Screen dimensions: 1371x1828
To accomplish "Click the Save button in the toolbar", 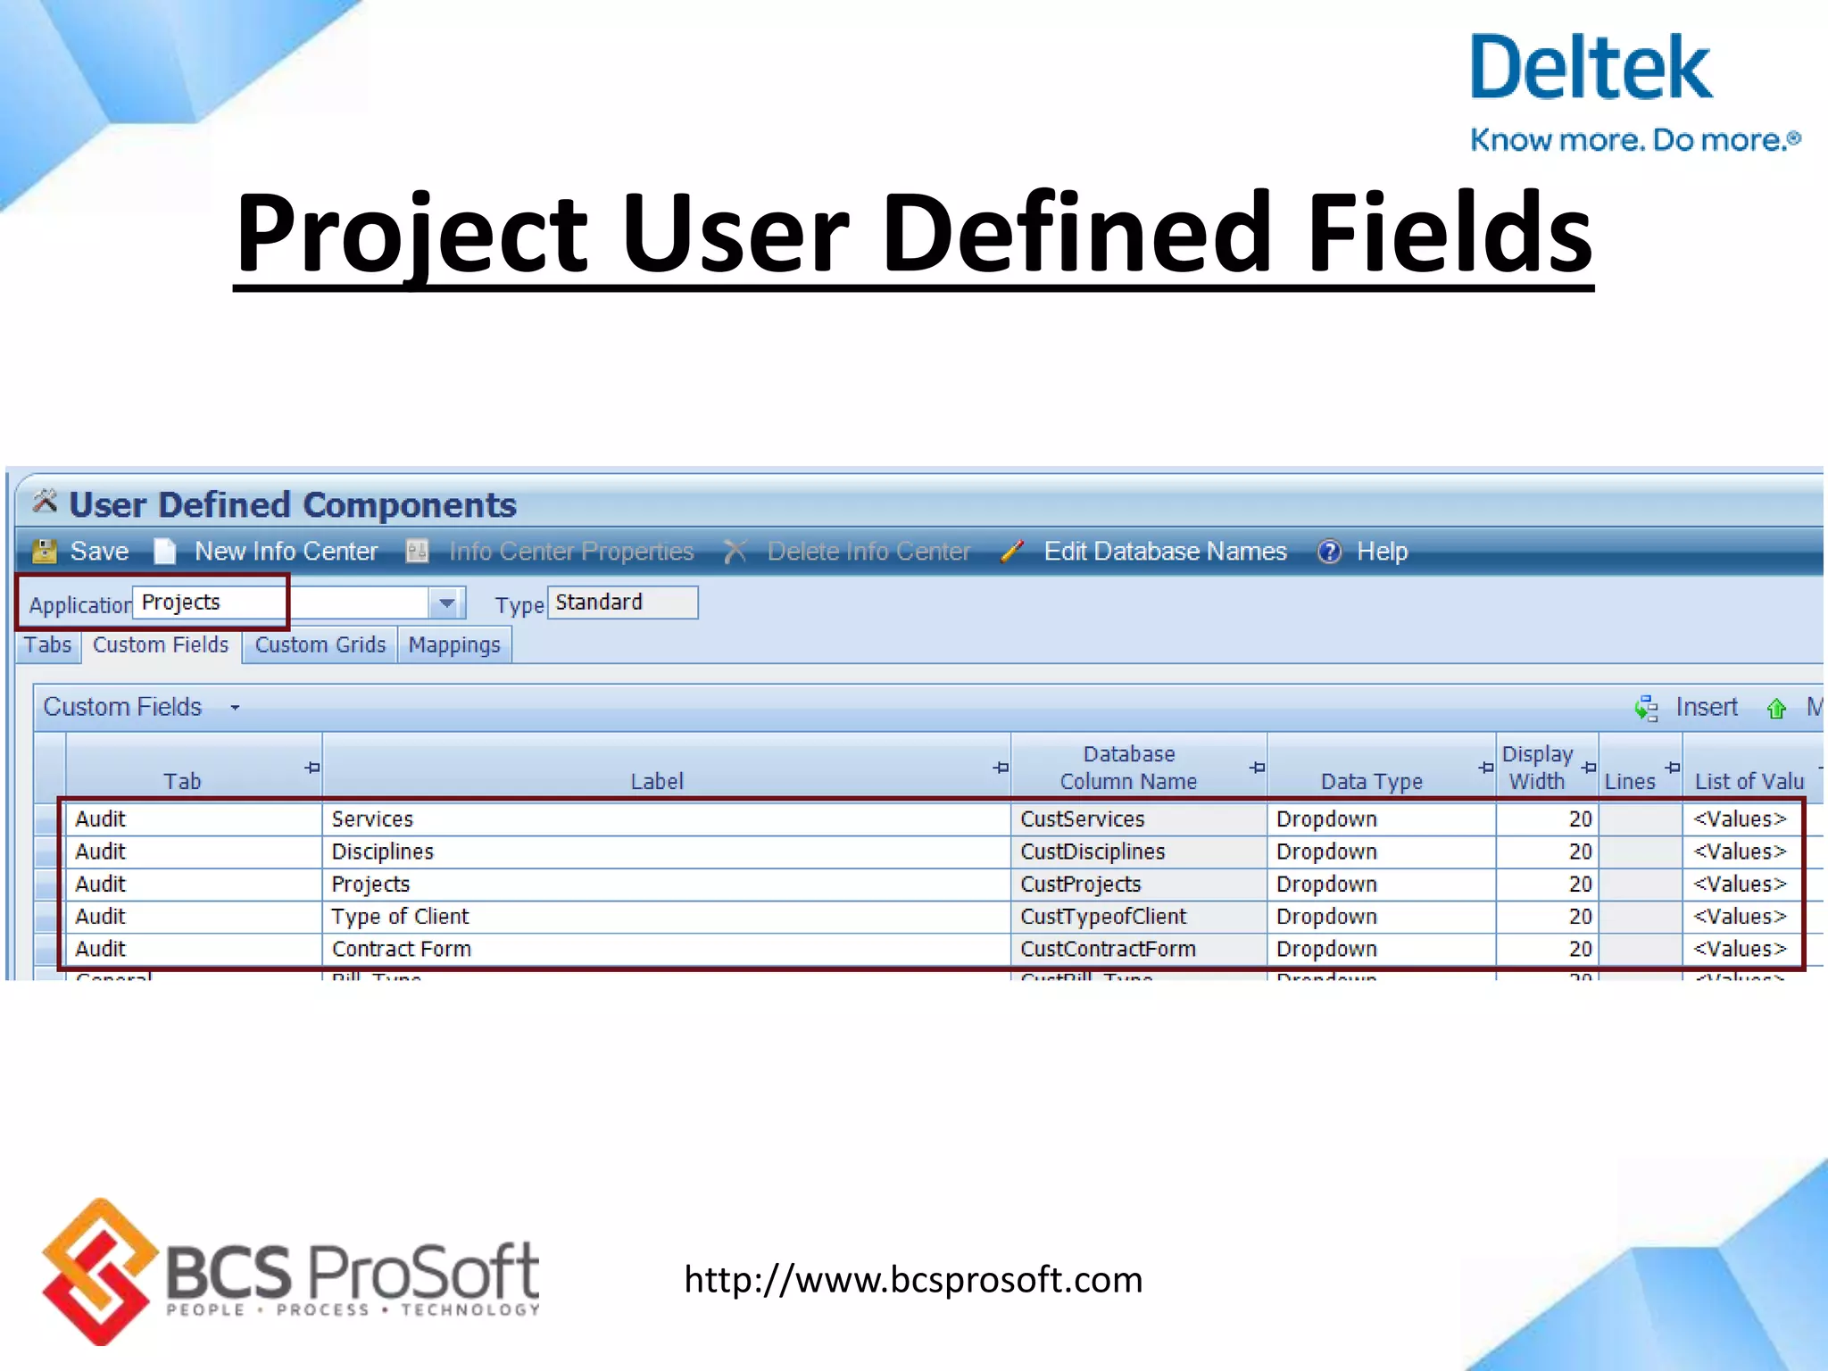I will (x=82, y=552).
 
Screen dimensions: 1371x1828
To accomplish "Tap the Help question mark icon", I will (x=1329, y=552).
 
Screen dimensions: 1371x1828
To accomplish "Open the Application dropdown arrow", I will (x=446, y=603).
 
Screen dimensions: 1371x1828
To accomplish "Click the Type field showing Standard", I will (x=622, y=602).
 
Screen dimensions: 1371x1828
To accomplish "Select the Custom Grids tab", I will (x=320, y=645).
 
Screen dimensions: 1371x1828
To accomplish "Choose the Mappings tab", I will (x=454, y=645).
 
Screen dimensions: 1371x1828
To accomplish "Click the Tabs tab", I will (x=47, y=645).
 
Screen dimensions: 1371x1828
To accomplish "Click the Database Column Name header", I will (x=1128, y=768).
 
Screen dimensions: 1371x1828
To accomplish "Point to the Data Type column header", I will (x=1371, y=781).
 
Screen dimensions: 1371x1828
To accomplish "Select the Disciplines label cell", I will (x=383, y=852).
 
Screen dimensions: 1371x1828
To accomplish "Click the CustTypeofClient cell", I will (x=1103, y=917).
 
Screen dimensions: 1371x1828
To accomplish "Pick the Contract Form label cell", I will (x=402, y=949).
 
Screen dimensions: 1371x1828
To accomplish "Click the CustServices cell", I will (x=1082, y=819).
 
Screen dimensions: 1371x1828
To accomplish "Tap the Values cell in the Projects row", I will (x=1740, y=885).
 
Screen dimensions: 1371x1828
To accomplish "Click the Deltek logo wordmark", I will (x=1591, y=68).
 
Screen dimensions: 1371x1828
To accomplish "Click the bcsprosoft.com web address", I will (x=913, y=1280).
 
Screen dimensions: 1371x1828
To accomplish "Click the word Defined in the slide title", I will (x=1076, y=234).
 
